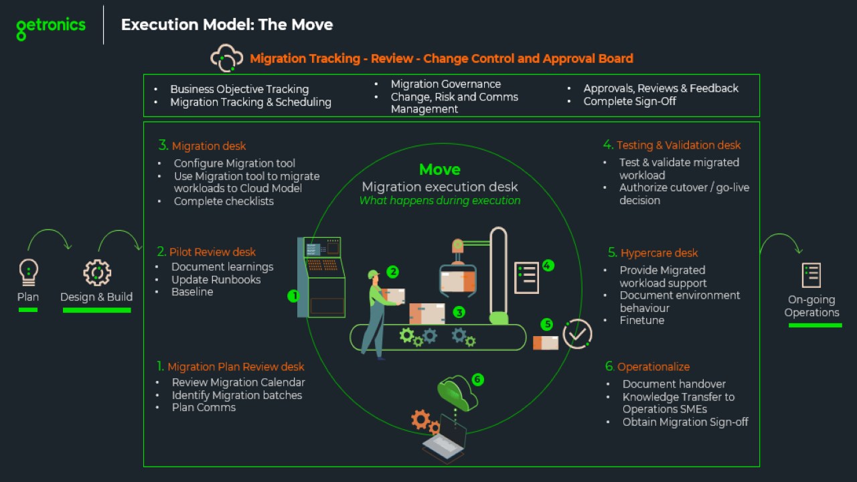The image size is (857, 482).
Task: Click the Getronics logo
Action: pyautogui.click(x=51, y=27)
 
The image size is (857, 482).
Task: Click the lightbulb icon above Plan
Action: pyautogui.click(x=28, y=272)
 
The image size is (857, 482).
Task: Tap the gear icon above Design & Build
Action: pyautogui.click(x=96, y=272)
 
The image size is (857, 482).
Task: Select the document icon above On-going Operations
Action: pyautogui.click(x=811, y=275)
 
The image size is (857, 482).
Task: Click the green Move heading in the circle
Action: pyautogui.click(x=440, y=169)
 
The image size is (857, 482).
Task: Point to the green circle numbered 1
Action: pyautogui.click(x=293, y=295)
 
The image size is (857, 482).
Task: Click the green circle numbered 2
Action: pyautogui.click(x=393, y=272)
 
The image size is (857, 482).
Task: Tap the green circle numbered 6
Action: pyautogui.click(x=477, y=380)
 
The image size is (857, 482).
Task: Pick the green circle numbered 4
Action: pyautogui.click(x=548, y=265)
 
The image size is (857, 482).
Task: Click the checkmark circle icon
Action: pyautogui.click(x=577, y=333)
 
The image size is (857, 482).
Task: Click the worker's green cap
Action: pyautogui.click(x=373, y=274)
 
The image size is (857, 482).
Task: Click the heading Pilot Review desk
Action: pyautogui.click(x=212, y=252)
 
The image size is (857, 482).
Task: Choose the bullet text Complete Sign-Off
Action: pyautogui.click(x=629, y=101)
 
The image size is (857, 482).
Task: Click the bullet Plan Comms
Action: pyautogui.click(x=204, y=408)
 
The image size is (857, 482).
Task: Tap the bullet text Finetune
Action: pyautogui.click(x=642, y=321)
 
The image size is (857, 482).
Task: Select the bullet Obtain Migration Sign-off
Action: pyautogui.click(x=685, y=422)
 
